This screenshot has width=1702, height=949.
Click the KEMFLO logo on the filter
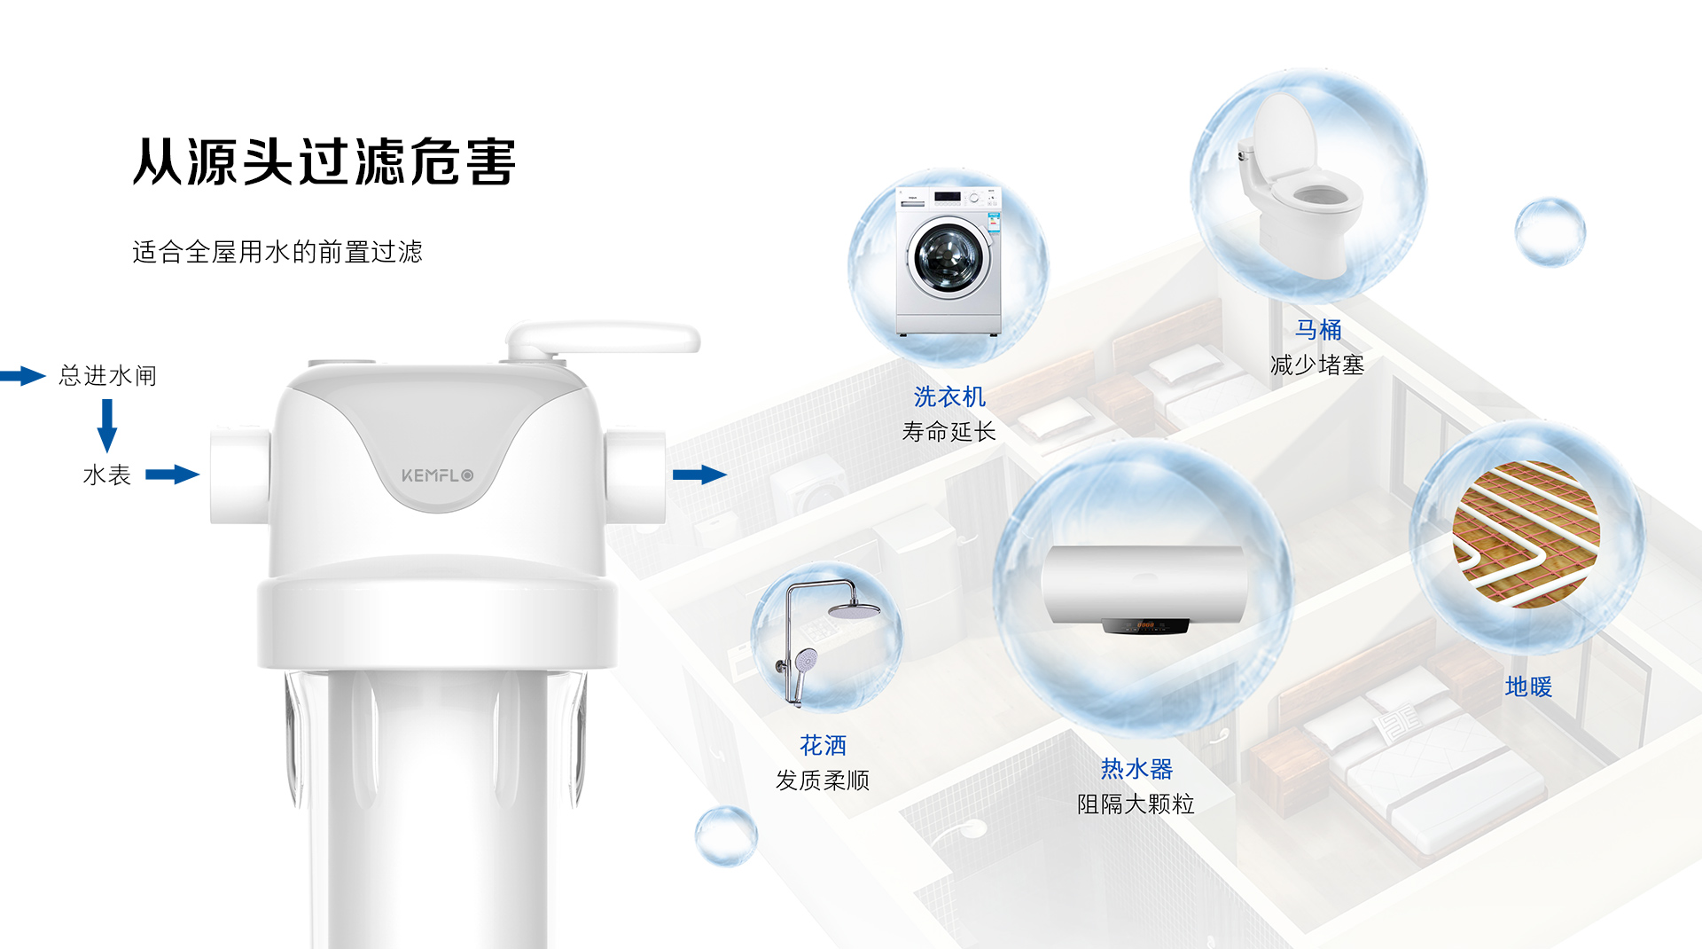pos(437,475)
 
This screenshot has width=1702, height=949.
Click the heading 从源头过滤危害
pos(324,162)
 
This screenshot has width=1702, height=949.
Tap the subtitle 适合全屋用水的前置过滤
pos(277,252)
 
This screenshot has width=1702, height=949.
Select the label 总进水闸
pos(108,376)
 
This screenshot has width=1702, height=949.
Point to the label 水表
pos(106,475)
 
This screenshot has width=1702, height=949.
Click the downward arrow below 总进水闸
pos(107,425)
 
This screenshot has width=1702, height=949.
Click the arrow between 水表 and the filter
pos(173,474)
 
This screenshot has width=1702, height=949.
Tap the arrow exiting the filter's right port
pos(700,474)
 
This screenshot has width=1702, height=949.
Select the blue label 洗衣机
pos(949,396)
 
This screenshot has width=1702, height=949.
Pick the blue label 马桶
pos(1318,330)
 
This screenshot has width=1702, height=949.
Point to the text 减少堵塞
pos(1317,365)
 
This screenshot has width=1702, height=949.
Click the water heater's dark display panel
pos(1144,626)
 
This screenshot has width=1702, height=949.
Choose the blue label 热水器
pos(1136,768)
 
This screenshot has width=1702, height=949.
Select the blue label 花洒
pos(823,745)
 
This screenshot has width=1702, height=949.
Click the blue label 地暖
pos(1528,686)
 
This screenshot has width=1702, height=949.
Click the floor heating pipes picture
pos(1526,534)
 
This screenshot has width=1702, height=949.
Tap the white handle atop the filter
pos(603,338)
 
